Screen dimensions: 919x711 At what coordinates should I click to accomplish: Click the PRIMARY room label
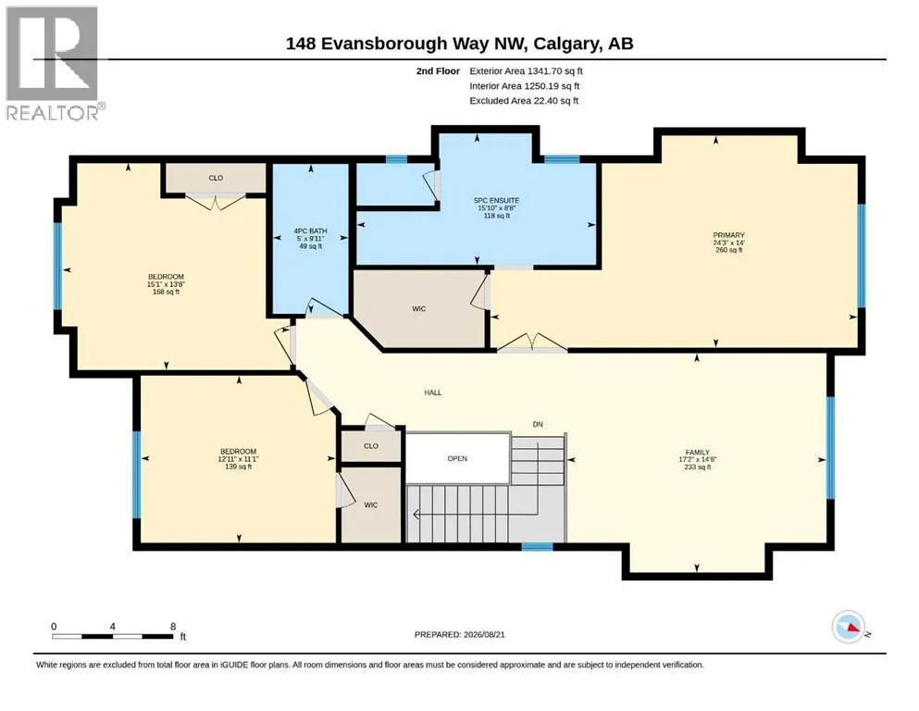pos(728,235)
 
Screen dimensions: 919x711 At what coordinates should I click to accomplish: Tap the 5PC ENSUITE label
pos(496,201)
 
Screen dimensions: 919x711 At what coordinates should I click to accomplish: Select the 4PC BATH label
pos(311,231)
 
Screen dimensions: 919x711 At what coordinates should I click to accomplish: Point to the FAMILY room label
pos(698,453)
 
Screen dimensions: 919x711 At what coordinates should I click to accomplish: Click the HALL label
pos(433,393)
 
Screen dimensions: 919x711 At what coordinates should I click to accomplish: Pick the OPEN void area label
pos(457,458)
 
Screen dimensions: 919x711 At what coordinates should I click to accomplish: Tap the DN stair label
pos(538,424)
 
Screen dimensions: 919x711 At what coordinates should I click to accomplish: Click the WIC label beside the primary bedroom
pos(418,309)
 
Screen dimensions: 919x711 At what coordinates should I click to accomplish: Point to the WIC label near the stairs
pos(371,505)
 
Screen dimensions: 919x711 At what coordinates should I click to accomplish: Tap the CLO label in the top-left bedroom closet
pos(216,178)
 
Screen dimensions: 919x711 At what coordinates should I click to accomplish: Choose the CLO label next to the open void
pos(371,446)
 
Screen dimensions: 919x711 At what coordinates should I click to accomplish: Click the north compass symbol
pos(850,627)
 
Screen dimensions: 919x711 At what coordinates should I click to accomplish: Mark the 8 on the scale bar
pos(173,626)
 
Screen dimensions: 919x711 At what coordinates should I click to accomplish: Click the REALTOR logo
pos(53,63)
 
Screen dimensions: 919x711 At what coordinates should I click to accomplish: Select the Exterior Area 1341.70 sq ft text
pos(526,71)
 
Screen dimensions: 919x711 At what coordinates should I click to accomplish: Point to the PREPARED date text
pos(459,634)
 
